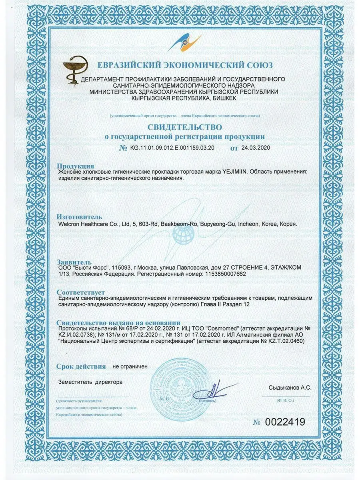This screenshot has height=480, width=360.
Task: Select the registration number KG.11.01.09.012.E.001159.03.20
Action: (172, 148)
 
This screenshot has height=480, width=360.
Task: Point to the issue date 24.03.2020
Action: (256, 148)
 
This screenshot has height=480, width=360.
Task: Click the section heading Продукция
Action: (76, 166)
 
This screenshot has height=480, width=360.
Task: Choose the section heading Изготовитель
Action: (79, 217)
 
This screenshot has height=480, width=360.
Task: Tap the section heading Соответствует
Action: (81, 292)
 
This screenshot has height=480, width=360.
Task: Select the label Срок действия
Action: (81, 366)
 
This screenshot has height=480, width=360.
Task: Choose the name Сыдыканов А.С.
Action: (290, 388)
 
